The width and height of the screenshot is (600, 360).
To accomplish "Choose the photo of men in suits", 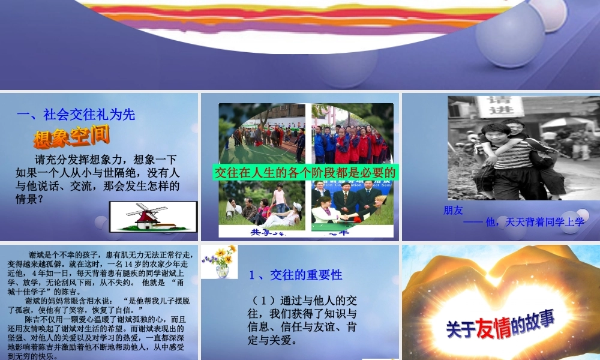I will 352,204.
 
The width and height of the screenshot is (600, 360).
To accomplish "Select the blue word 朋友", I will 454,211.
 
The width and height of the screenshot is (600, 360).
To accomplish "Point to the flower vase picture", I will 220,262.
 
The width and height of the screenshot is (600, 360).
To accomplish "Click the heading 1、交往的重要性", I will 295,275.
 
